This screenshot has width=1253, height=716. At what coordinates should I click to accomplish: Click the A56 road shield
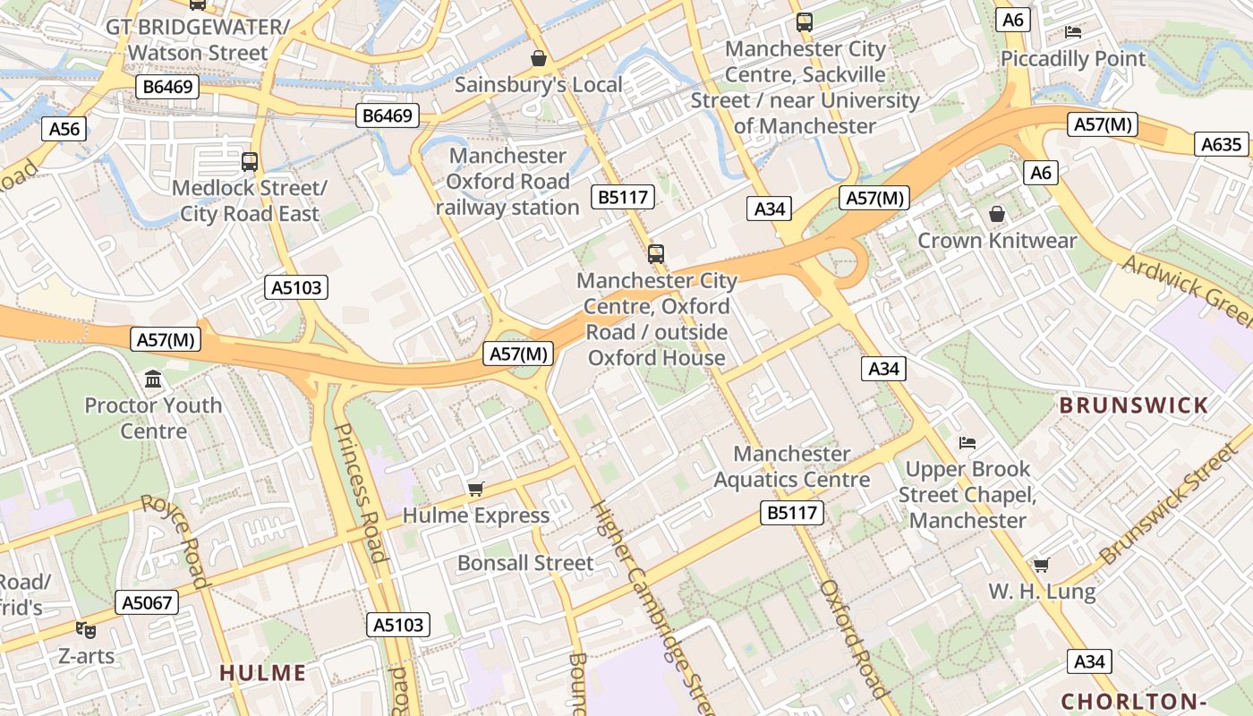point(64,129)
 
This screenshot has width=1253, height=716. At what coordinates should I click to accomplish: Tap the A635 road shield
point(1222,144)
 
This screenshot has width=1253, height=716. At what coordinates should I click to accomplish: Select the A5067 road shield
point(147,602)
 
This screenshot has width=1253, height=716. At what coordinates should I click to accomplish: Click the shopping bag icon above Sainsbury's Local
point(539,59)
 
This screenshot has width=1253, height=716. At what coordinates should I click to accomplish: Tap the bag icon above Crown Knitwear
point(997,214)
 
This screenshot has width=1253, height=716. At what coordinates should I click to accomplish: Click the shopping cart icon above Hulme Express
point(476,489)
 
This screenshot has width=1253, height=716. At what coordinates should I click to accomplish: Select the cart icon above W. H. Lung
point(1041,565)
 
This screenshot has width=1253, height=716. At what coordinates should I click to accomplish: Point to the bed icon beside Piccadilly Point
point(1073,32)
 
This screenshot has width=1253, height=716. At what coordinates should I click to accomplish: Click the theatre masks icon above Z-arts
point(86,630)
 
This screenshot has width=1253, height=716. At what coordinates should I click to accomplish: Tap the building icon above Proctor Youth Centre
point(153,379)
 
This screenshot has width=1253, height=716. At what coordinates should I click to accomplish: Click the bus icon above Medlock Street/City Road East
point(250,162)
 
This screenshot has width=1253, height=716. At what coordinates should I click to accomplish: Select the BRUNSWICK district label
point(1134,405)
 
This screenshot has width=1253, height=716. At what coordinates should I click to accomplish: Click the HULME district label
point(262,673)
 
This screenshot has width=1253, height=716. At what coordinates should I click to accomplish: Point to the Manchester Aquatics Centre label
point(791,466)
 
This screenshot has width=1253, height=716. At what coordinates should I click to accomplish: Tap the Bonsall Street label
point(525,563)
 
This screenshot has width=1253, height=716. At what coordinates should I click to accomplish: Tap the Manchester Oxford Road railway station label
point(507,182)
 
